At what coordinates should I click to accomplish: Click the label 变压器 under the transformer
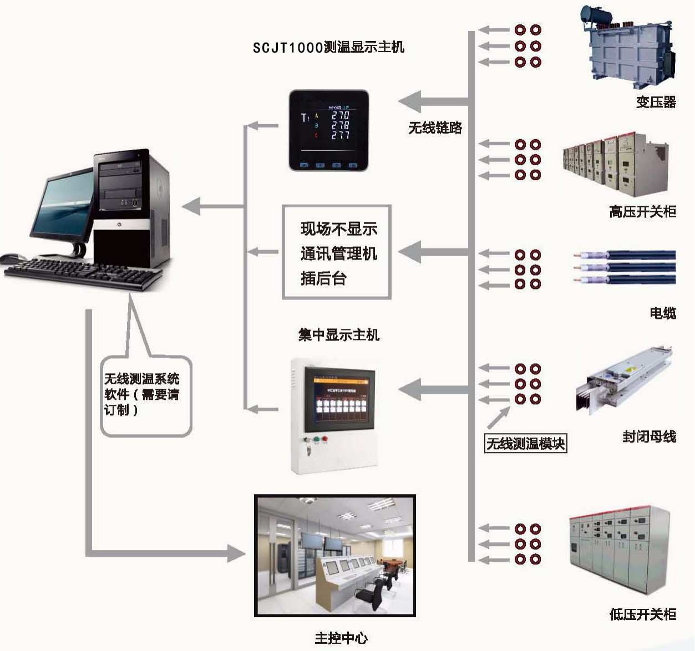click(656, 102)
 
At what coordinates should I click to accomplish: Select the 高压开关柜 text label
click(642, 211)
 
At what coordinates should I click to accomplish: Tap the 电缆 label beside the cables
click(663, 313)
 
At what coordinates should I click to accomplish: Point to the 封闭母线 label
click(649, 436)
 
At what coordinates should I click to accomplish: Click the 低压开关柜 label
click(642, 614)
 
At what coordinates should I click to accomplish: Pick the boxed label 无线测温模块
click(525, 444)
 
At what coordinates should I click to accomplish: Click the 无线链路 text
click(435, 128)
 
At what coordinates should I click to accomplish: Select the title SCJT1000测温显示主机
click(328, 48)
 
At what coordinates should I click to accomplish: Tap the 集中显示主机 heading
click(338, 335)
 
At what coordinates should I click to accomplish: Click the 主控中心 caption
click(341, 638)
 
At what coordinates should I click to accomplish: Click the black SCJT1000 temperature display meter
click(328, 131)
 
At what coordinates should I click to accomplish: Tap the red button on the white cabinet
click(325, 440)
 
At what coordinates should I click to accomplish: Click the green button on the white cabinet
click(316, 440)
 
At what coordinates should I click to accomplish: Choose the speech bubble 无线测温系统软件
click(145, 395)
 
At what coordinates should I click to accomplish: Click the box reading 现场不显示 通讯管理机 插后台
click(337, 253)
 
